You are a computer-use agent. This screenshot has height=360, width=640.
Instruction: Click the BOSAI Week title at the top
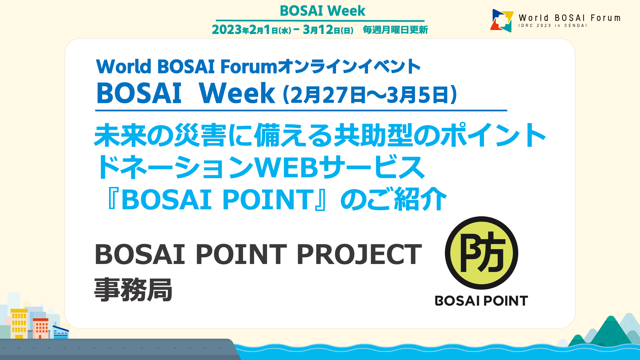click(322, 11)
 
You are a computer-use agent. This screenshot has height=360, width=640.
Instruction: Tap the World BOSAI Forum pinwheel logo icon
click(502, 20)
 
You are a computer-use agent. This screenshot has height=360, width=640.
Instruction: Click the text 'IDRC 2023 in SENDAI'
click(553, 26)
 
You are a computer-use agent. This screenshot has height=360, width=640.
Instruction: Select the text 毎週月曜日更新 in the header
click(395, 30)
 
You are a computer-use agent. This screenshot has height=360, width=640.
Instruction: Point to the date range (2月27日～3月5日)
click(370, 95)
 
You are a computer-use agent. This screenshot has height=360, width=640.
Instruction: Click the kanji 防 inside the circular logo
click(482, 252)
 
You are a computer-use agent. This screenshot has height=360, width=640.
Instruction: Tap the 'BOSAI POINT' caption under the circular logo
click(481, 301)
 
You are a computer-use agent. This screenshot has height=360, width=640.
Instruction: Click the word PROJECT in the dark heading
click(359, 254)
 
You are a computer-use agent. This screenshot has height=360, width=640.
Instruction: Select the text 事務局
click(133, 290)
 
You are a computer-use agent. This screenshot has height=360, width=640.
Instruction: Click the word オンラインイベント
click(349, 66)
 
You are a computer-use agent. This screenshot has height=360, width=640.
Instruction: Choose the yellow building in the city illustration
click(19, 323)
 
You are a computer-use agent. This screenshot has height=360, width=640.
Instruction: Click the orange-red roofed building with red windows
click(41, 328)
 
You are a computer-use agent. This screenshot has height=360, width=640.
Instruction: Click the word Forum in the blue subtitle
click(249, 66)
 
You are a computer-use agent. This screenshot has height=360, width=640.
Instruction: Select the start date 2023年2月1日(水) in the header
click(252, 30)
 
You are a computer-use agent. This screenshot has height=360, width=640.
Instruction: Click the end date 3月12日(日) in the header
click(328, 30)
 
